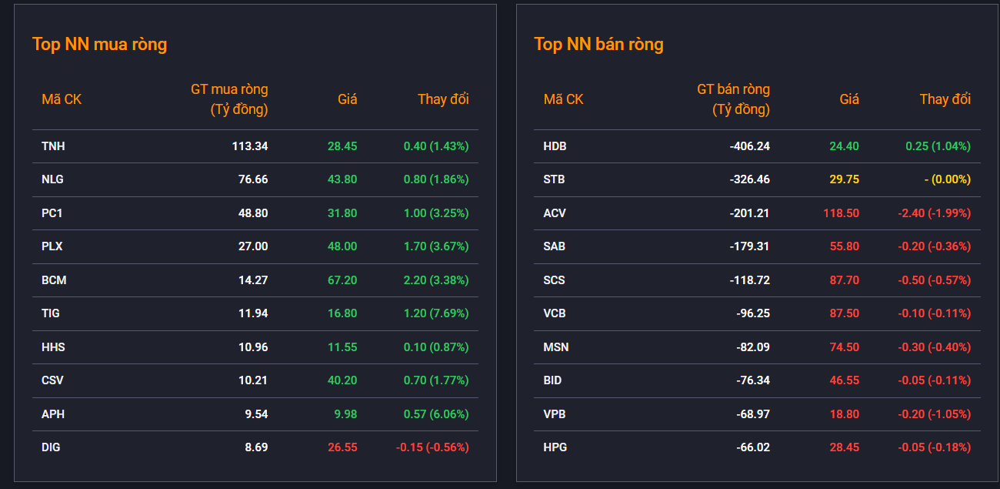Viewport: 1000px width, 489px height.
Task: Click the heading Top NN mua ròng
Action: tap(99, 44)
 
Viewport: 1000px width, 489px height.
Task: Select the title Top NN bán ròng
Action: tap(598, 44)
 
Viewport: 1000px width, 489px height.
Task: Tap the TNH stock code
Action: tap(53, 146)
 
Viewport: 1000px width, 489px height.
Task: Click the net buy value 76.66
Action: tap(252, 179)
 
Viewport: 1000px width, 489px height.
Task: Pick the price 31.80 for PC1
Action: tap(342, 213)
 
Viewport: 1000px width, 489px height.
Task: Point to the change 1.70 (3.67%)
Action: tap(436, 246)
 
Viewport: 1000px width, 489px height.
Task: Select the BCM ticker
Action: tap(54, 280)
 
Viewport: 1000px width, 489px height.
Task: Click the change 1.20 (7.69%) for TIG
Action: tap(436, 313)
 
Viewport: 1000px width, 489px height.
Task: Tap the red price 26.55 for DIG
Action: tap(342, 447)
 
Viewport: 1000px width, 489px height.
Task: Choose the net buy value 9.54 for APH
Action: tap(256, 414)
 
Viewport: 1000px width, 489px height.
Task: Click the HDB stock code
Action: tap(555, 146)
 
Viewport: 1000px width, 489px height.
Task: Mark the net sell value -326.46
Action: tap(749, 179)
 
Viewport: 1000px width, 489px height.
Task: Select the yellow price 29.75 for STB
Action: tap(844, 179)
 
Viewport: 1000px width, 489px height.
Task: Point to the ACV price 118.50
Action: tap(841, 213)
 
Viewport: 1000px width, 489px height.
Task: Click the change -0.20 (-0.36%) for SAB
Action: tap(935, 246)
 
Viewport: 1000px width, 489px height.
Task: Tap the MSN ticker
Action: tap(556, 347)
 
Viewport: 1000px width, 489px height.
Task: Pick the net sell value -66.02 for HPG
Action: tap(753, 447)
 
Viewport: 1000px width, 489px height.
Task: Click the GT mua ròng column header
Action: tap(229, 99)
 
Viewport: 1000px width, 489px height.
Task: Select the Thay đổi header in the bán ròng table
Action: tap(945, 99)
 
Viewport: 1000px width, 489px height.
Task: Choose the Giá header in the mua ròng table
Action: tap(348, 99)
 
